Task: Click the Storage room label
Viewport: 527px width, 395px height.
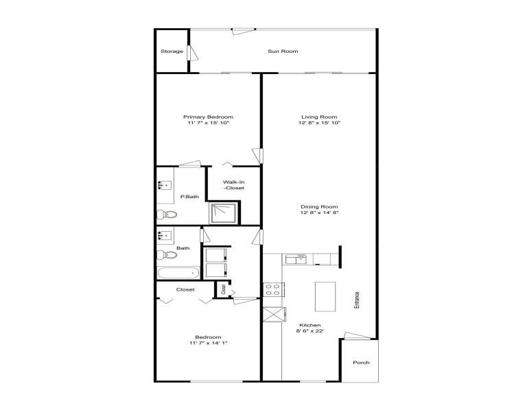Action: coord(172,51)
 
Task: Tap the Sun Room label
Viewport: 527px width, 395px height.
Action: coord(283,51)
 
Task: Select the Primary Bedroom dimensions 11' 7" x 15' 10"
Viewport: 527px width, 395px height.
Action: coord(209,123)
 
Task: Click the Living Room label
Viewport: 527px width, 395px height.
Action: coord(319,117)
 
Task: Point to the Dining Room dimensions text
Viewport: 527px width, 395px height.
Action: coord(319,213)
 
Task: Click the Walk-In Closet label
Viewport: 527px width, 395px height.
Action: coord(234,185)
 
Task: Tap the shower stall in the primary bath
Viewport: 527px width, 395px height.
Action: coord(224,213)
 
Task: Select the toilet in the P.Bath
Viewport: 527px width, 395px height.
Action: coord(167,214)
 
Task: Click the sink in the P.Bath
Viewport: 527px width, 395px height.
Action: coord(165,185)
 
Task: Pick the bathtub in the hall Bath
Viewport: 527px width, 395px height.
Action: coord(178,273)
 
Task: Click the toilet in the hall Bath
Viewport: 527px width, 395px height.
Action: coord(167,255)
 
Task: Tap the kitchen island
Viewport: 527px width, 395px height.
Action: coord(325,296)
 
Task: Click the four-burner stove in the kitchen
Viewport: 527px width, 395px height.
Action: coord(273,290)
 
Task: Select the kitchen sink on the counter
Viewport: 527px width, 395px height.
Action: coord(296,259)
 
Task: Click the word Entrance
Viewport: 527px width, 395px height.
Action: coord(357,300)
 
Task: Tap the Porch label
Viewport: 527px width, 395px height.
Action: coord(362,363)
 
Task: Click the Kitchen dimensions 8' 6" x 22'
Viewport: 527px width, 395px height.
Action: coord(310,331)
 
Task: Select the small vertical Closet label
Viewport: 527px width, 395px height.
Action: coord(224,289)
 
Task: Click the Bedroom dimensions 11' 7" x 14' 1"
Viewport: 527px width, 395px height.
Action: coord(209,344)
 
